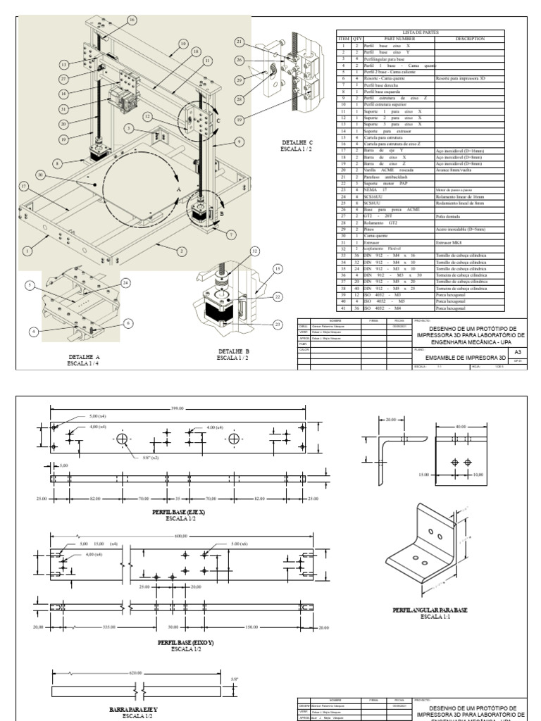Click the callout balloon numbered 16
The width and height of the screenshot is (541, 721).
click(132, 20)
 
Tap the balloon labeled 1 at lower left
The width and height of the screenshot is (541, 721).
click(27, 251)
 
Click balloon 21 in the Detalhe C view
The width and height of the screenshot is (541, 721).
click(240, 42)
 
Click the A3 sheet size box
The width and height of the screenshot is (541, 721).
click(518, 351)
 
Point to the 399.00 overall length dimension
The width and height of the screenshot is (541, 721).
click(176, 408)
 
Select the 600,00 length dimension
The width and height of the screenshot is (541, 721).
click(181, 537)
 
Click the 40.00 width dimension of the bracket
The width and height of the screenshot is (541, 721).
click(461, 427)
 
